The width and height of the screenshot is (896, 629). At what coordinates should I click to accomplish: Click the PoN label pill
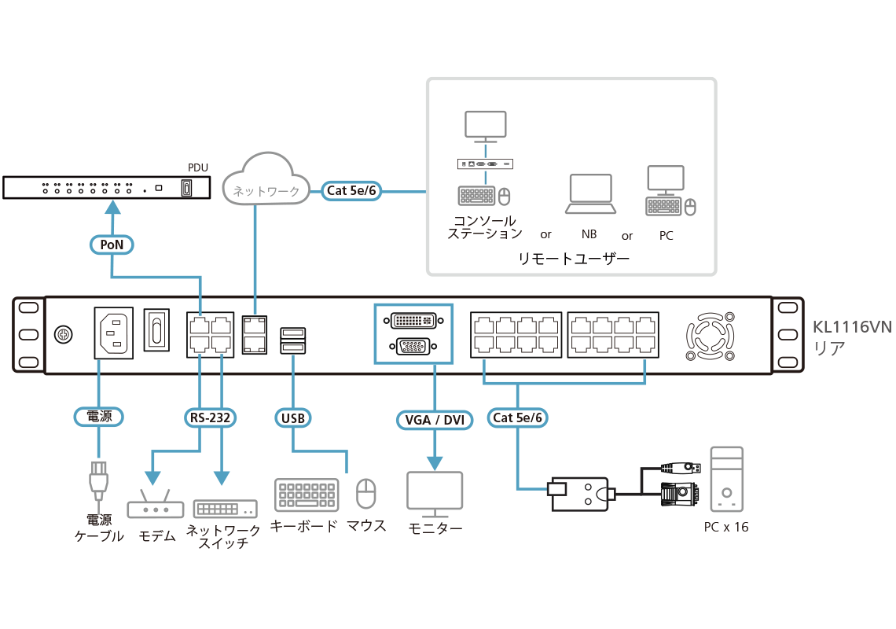click(112, 245)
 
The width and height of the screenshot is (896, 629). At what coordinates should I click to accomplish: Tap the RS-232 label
click(211, 417)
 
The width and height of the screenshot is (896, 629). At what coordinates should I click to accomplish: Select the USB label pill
click(292, 417)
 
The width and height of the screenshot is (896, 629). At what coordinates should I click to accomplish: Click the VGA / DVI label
click(432, 420)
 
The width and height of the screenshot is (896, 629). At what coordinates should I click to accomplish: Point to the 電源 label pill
click(99, 417)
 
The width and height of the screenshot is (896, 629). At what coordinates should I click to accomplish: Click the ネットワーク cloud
click(263, 182)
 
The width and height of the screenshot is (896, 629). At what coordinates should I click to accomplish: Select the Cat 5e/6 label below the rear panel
click(518, 417)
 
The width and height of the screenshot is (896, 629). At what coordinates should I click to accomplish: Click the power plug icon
click(98, 479)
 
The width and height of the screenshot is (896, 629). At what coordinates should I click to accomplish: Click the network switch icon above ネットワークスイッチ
click(226, 509)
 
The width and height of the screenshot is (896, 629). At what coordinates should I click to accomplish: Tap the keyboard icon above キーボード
click(307, 495)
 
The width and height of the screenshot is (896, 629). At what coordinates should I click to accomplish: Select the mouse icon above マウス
click(366, 495)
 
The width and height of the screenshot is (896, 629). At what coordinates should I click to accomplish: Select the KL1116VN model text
click(852, 327)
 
